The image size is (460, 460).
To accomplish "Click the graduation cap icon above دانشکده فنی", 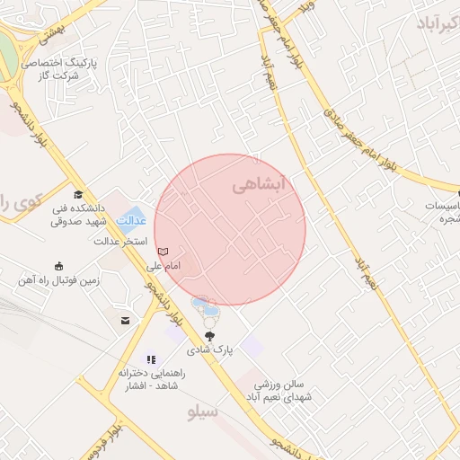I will tap(78, 195).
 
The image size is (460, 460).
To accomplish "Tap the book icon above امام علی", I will tap(163, 251).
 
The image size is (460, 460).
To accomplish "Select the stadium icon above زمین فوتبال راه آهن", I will tap(59, 265).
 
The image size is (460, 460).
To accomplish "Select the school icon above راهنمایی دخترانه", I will tap(151, 358).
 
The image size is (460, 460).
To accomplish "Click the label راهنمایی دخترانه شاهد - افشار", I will tap(149, 379).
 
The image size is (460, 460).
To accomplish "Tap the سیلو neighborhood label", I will tap(203, 412).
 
